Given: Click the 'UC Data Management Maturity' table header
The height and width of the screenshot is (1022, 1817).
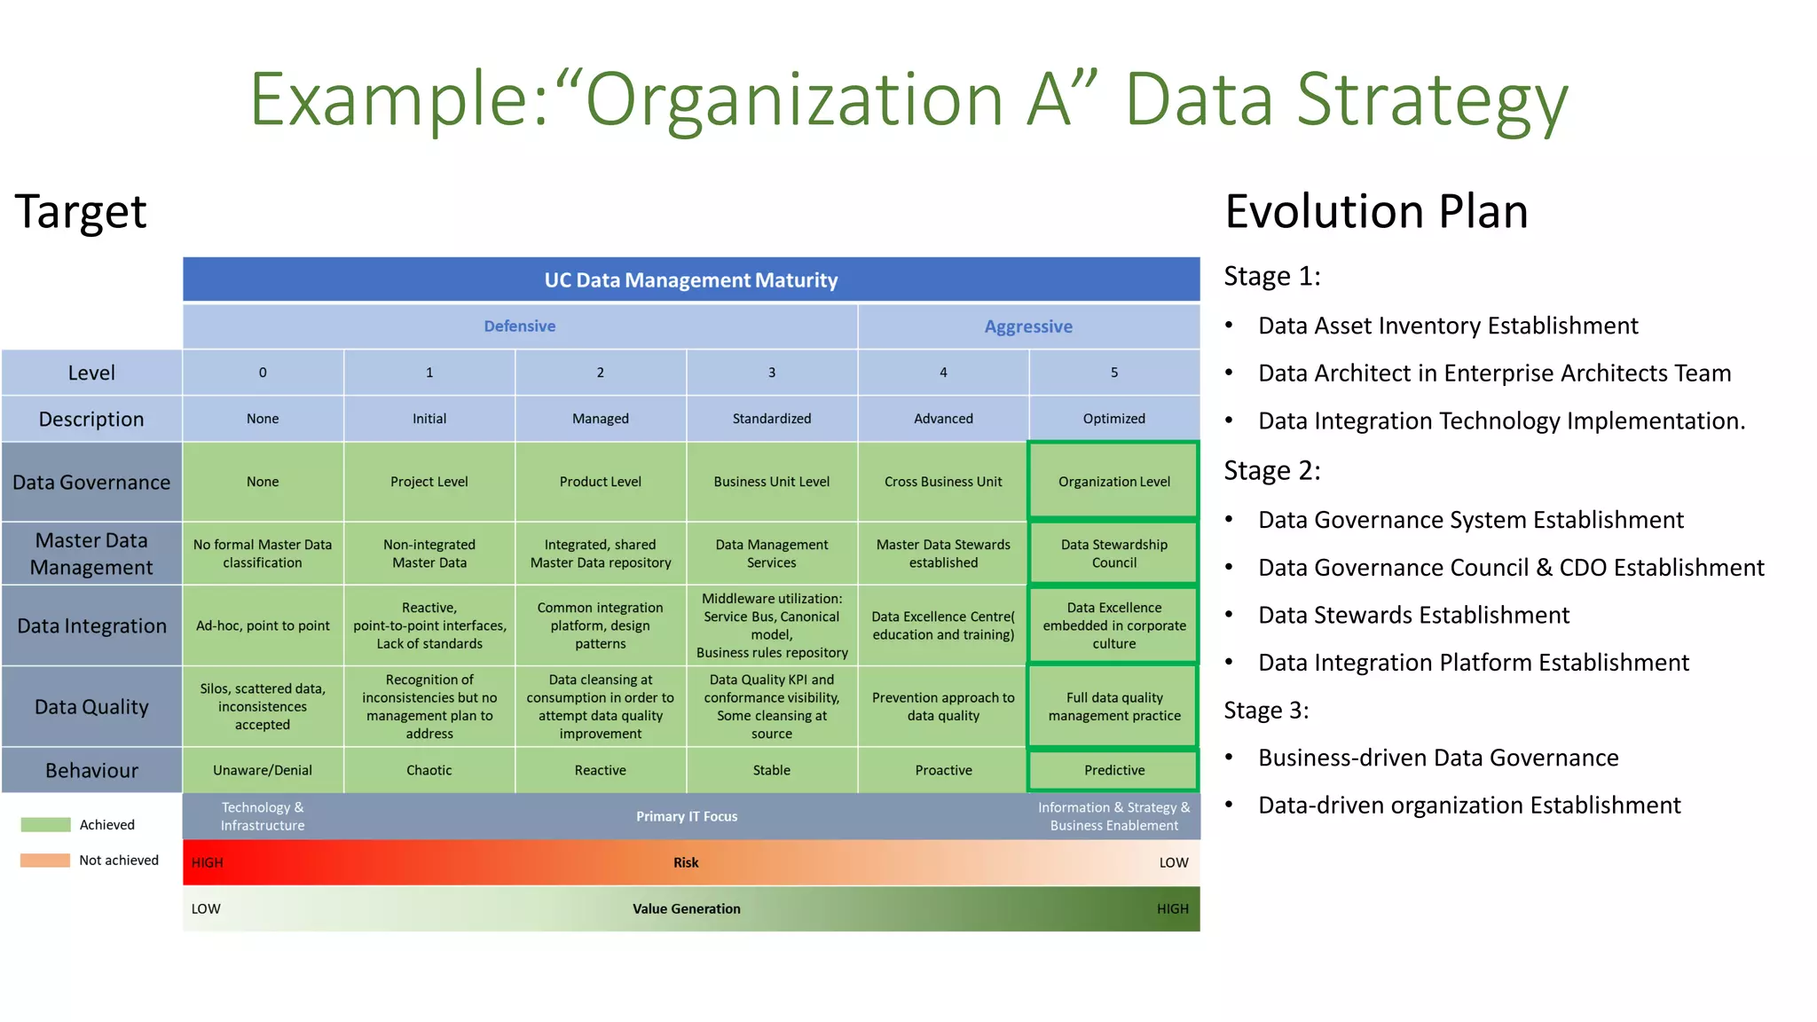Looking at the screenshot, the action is click(690, 280).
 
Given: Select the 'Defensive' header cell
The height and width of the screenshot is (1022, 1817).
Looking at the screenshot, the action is click(520, 326).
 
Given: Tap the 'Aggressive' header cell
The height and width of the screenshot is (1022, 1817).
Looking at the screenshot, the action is click(1028, 326).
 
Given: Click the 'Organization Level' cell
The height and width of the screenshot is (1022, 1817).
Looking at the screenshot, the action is click(1113, 482).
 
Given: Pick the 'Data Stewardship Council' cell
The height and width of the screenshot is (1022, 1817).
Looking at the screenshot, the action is click(1113, 554).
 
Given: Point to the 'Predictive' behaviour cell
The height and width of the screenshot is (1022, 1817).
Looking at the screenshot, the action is click(1113, 770).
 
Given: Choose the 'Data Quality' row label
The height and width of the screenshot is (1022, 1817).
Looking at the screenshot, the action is click(91, 707).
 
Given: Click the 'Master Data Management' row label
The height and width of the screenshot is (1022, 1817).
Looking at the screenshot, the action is click(91, 554).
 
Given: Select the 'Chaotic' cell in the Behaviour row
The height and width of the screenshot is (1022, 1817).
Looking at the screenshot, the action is click(429, 770).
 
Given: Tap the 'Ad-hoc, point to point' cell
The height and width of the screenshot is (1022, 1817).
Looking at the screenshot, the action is click(263, 625).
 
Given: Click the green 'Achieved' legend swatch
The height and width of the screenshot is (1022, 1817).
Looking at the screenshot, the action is click(45, 825).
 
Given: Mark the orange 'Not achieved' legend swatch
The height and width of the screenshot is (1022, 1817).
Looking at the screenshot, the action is click(45, 861).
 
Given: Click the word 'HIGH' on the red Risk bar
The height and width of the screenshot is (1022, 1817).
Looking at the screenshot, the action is click(208, 862).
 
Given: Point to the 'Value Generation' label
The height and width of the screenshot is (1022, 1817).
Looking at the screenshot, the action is click(686, 908).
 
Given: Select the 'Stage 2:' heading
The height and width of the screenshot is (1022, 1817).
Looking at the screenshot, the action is click(1271, 470).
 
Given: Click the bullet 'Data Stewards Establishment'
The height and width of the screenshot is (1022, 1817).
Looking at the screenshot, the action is click(1413, 615).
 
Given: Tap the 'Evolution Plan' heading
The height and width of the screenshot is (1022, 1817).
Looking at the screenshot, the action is click(1376, 211).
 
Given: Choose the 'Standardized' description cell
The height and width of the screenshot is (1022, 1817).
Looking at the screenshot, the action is click(771, 419).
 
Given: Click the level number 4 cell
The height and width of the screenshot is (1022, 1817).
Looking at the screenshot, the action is click(943, 373).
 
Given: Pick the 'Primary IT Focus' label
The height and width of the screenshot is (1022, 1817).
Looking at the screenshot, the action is click(686, 816).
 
